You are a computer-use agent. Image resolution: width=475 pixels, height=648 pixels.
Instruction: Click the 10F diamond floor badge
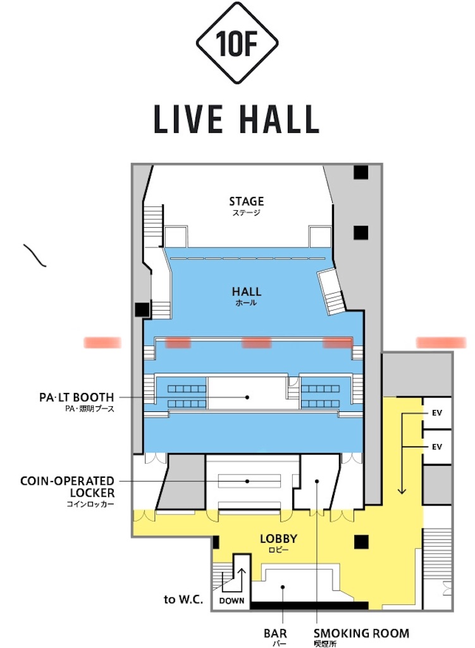[x=237, y=43]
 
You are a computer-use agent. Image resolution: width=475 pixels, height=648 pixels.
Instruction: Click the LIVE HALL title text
[x=237, y=120]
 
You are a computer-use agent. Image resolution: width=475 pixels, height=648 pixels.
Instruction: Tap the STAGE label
[x=246, y=202]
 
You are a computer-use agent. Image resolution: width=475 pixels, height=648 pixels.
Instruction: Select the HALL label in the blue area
[x=247, y=292]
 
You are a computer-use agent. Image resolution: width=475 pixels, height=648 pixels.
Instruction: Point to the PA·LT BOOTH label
[x=77, y=397]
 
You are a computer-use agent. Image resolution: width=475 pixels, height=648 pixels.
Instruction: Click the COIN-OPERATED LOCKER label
[x=67, y=487]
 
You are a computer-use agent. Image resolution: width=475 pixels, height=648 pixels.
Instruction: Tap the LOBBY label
[x=278, y=539]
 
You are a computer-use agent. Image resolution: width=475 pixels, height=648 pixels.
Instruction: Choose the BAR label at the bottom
[x=275, y=633]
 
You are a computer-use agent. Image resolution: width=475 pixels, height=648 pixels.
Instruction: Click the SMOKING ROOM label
[x=361, y=633]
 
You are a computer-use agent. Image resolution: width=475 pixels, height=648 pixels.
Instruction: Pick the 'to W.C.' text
[x=183, y=599]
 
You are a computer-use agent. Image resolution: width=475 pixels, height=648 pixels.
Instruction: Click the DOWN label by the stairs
[x=231, y=601]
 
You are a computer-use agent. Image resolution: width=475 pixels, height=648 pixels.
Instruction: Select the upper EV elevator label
[x=436, y=413]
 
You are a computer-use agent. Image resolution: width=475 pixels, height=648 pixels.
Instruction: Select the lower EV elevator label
[x=436, y=447]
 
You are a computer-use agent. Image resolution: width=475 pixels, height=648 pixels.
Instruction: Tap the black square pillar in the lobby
[x=361, y=542]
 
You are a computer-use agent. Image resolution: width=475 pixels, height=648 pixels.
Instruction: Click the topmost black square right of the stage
[x=361, y=172]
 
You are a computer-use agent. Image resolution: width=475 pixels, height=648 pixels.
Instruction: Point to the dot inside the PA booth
[x=247, y=397]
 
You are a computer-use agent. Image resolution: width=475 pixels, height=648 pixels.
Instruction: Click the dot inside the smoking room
[x=317, y=481]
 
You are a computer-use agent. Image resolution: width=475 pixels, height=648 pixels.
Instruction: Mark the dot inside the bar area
[x=283, y=587]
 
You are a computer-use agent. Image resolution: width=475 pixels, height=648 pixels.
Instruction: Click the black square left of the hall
[x=142, y=309]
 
